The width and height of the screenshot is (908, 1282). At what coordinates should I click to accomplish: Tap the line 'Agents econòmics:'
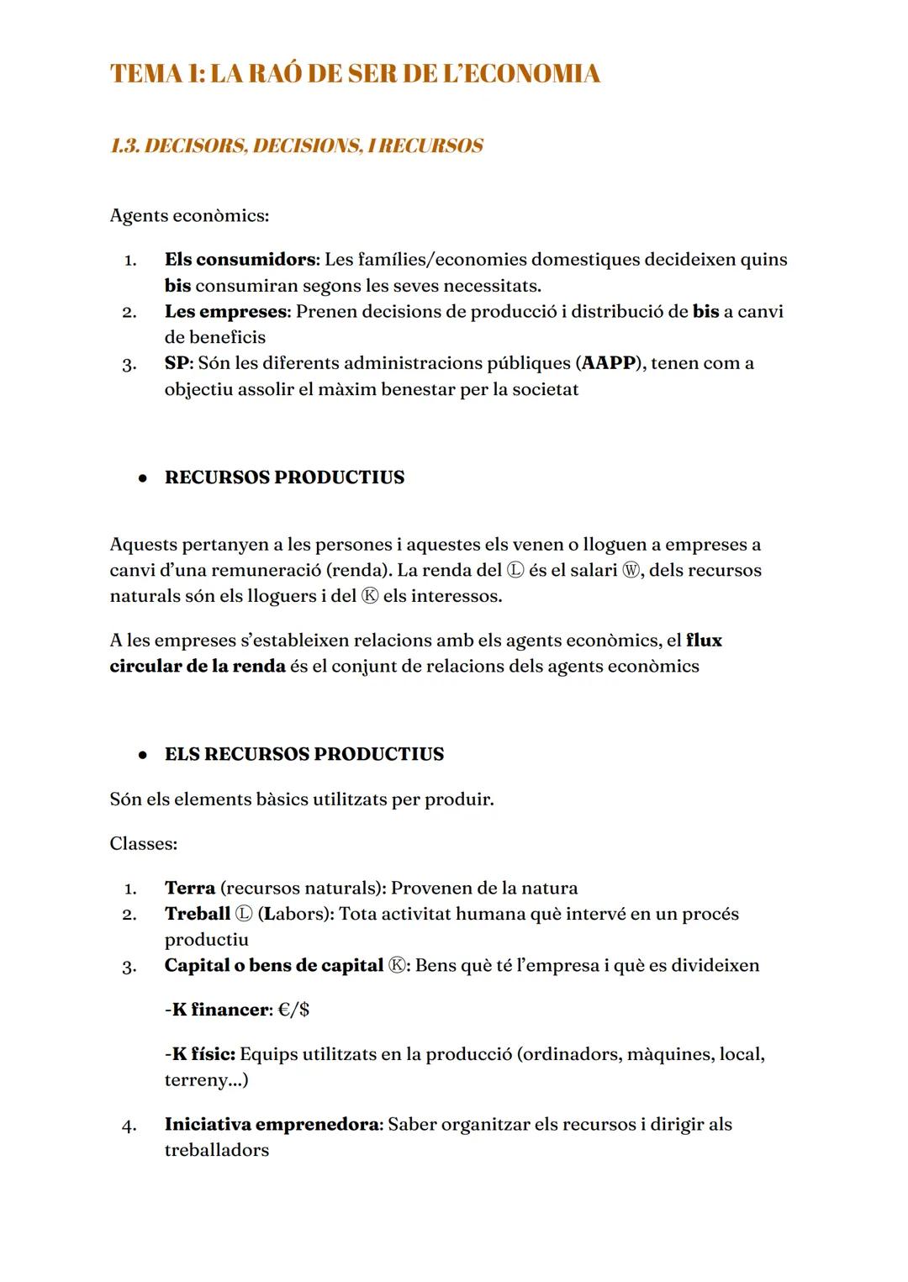click(x=189, y=216)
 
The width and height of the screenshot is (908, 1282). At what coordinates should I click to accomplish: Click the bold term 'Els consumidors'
click(x=240, y=260)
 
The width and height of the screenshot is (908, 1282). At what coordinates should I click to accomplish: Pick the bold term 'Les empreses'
click(x=225, y=312)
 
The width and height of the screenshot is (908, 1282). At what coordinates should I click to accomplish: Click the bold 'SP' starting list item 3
click(x=177, y=364)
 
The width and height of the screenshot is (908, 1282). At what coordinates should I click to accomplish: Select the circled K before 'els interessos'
click(x=370, y=597)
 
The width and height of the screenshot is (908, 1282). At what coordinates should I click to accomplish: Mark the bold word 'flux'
click(x=704, y=641)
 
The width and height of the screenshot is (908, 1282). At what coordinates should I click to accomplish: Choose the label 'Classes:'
click(x=143, y=844)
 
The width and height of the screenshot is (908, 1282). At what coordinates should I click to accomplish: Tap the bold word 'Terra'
click(x=190, y=889)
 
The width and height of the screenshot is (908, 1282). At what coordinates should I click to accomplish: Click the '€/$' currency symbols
click(x=293, y=1010)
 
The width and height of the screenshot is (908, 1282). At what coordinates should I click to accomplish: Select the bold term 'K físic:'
click(x=202, y=1054)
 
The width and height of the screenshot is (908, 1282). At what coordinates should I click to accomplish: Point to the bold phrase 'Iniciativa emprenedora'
click(x=272, y=1125)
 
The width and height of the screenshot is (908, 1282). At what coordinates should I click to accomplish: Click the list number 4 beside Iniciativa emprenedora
click(x=129, y=1126)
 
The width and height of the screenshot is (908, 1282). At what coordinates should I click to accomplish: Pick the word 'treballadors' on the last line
click(x=217, y=1151)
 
